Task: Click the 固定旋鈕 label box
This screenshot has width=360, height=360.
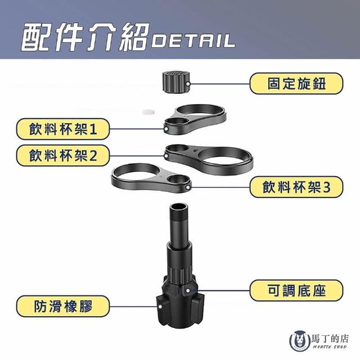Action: (x=296, y=84)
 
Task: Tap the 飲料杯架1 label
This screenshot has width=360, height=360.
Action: (x=63, y=129)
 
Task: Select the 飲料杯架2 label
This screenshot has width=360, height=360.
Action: (x=63, y=155)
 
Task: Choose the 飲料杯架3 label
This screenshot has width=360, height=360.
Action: (x=296, y=187)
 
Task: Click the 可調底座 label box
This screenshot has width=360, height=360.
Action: (x=296, y=290)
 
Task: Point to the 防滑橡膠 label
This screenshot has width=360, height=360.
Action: (x=63, y=306)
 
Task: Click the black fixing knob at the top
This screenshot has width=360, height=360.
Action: (x=176, y=82)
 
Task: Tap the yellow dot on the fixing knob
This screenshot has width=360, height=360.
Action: (x=188, y=84)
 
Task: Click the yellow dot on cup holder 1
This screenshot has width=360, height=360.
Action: (x=166, y=129)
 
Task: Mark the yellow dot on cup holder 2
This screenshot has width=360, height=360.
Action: (x=166, y=156)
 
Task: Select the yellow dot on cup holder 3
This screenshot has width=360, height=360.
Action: (x=188, y=187)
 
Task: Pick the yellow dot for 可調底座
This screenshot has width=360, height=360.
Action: (x=188, y=291)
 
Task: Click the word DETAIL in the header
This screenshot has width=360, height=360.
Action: (x=193, y=41)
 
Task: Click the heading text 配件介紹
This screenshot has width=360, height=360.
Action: (x=85, y=37)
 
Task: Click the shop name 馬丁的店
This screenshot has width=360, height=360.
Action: (x=330, y=339)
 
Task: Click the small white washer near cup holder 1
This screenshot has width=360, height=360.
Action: (x=148, y=112)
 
